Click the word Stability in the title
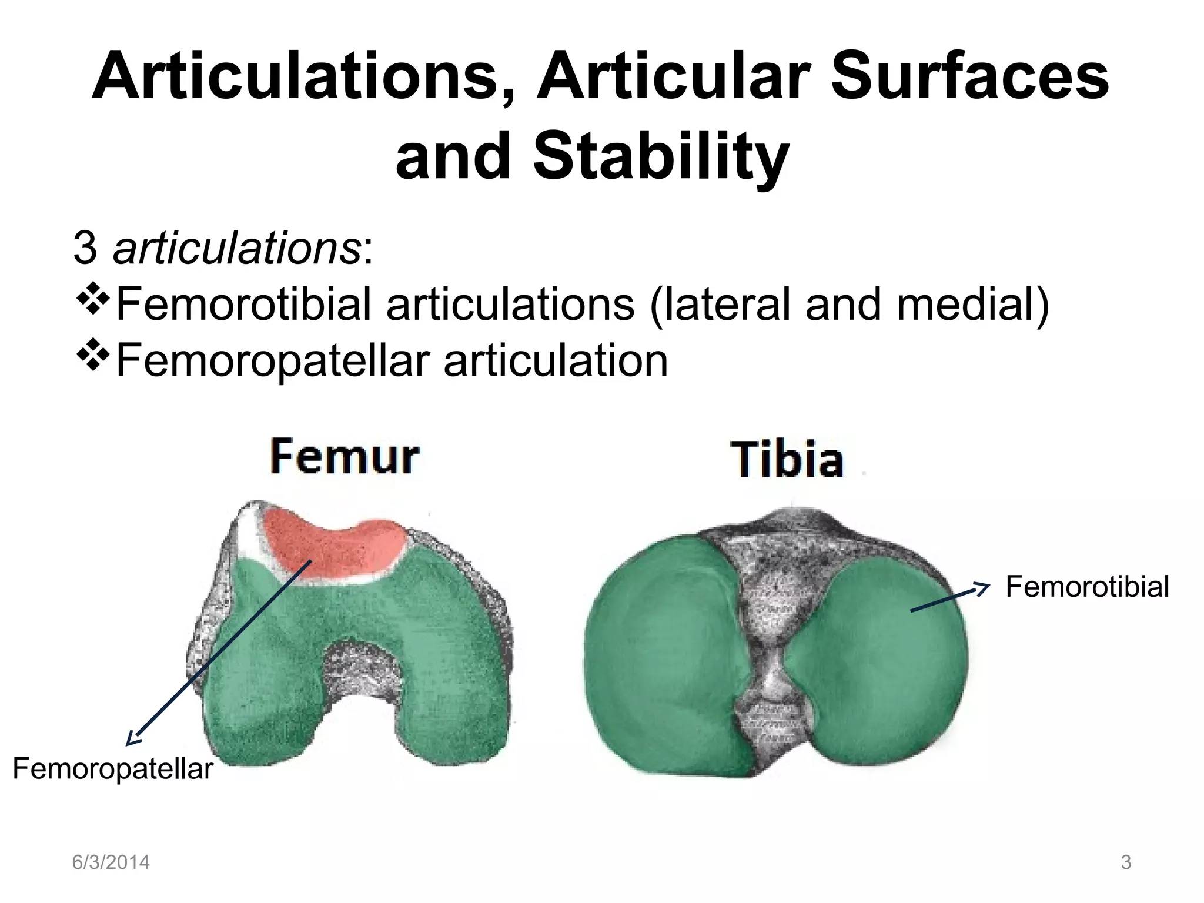point(661,156)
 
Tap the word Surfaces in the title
point(970,76)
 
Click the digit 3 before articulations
point(85,249)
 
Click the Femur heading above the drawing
point(345,457)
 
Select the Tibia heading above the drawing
point(787,459)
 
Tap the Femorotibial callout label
point(1087,587)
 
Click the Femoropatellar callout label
point(113,769)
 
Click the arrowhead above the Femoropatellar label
point(133,738)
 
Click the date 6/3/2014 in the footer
point(111,862)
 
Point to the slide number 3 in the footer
point(1126,862)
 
